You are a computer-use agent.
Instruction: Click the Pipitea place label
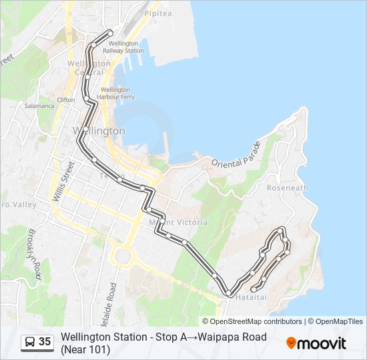click(158, 13)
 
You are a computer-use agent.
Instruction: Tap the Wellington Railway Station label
click(122, 47)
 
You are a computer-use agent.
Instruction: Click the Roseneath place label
click(287, 188)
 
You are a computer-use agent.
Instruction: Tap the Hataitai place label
click(250, 297)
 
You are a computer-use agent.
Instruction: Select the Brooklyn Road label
click(35, 252)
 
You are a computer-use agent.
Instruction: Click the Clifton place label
click(66, 99)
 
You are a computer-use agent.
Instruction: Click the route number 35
click(45, 342)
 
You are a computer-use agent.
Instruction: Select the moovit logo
click(316, 343)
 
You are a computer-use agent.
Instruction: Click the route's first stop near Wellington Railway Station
click(110, 33)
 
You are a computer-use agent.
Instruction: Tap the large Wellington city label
click(98, 131)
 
